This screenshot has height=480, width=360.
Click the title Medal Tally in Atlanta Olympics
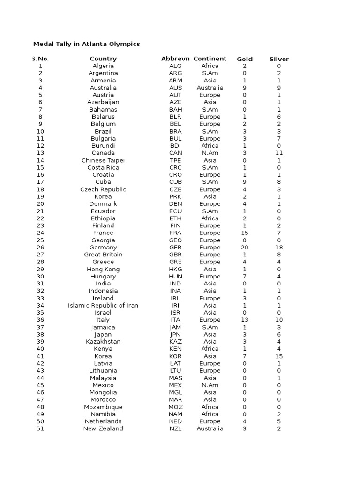(x=86, y=44)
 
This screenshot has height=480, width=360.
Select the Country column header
(x=103, y=59)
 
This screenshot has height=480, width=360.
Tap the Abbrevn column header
(x=175, y=59)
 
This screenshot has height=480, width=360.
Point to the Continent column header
(x=210, y=59)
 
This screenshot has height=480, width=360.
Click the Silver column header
(x=279, y=59)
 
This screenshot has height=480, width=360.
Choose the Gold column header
(x=245, y=59)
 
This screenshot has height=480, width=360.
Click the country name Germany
(x=103, y=247)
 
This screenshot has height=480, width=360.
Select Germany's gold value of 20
(x=245, y=247)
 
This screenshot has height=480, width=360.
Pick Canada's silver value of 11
(x=279, y=153)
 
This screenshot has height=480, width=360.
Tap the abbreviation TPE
(x=175, y=160)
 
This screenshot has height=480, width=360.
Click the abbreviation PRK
(x=175, y=196)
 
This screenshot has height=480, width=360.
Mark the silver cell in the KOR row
(x=279, y=356)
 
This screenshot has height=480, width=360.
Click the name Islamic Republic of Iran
(x=103, y=306)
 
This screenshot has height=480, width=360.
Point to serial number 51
(x=40, y=428)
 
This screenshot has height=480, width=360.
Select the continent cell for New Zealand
(x=210, y=428)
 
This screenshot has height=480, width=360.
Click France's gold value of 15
(x=245, y=233)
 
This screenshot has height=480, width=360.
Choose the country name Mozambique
(x=103, y=407)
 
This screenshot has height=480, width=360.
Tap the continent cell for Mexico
(x=210, y=385)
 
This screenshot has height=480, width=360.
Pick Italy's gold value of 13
(x=245, y=320)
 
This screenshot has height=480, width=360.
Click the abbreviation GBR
(x=175, y=255)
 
